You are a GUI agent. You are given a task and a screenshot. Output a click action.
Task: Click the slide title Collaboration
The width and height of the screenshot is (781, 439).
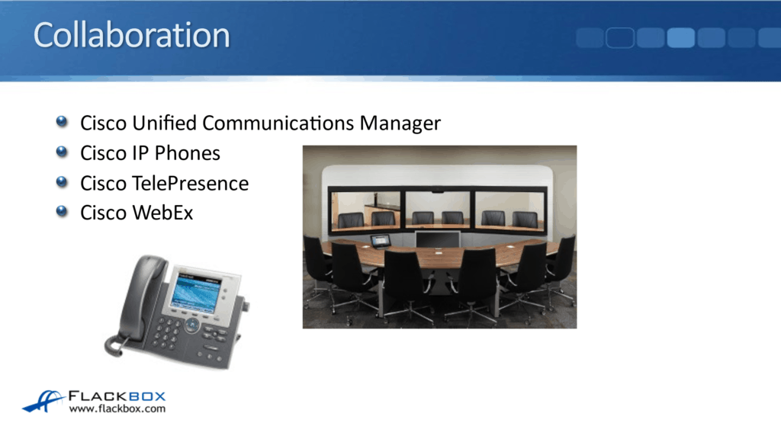point(131,36)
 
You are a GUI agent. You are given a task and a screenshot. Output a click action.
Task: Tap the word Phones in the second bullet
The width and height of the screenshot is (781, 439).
point(187,153)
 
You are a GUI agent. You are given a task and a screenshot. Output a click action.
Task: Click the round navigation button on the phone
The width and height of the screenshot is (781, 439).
point(192,325)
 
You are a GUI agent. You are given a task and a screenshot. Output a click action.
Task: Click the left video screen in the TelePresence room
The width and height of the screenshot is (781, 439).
point(365,210)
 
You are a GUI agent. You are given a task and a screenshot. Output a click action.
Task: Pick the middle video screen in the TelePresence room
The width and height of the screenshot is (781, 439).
point(439,210)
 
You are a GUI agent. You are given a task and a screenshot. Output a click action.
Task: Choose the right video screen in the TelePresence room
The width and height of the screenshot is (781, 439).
point(509,210)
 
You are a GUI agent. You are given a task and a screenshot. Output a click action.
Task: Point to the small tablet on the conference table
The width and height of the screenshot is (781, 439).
point(380,241)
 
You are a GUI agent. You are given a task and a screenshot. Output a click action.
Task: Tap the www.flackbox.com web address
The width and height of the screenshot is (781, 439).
point(117,409)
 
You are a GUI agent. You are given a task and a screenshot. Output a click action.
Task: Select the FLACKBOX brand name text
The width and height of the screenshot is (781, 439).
point(117,396)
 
